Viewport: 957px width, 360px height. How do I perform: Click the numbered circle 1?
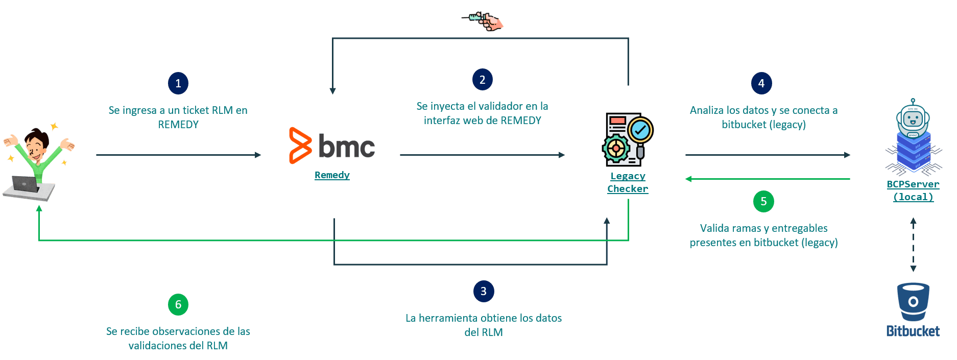(x=178, y=83)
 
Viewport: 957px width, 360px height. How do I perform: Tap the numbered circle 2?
(x=482, y=80)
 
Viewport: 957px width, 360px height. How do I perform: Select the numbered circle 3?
(x=483, y=291)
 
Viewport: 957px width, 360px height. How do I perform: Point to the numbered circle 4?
(x=761, y=83)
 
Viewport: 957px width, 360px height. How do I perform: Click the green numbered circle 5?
(x=763, y=201)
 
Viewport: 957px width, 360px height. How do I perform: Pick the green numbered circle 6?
(x=178, y=304)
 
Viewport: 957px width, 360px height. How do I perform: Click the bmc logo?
(x=332, y=146)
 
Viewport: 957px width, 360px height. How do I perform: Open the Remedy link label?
(x=332, y=175)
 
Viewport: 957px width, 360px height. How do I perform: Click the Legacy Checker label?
(x=628, y=182)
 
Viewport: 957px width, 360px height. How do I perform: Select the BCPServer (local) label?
(x=913, y=190)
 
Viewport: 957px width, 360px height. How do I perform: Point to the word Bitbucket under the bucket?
(x=913, y=331)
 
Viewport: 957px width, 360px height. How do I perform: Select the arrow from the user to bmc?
(x=178, y=155)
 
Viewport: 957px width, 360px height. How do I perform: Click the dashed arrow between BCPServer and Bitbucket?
(x=913, y=245)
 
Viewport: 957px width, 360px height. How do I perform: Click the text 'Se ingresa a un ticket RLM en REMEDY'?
(x=178, y=117)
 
